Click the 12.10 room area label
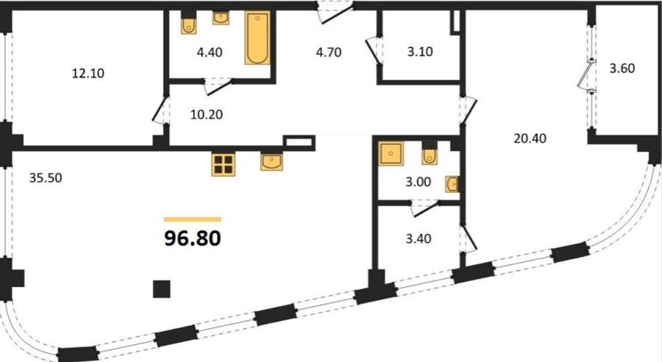pos(88,74)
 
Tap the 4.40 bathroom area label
pos(210,52)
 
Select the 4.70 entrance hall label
pos(329,52)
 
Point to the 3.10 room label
pos(420,52)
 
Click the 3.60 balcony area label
pos(622,68)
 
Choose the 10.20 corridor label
pos(207,115)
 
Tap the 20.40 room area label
pos(530,138)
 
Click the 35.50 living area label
pos(46,178)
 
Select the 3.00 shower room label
pos(419,182)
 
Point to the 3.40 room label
pos(419,238)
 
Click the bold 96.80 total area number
pos(193,238)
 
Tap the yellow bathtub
pos(257,38)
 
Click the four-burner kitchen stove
pos(224,164)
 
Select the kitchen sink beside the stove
pos(271,162)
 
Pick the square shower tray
pos(391,153)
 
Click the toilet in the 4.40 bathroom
pos(189,25)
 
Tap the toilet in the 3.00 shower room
pos(430,156)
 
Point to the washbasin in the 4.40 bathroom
pos(221,18)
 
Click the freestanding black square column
pos(162,289)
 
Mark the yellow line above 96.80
pos(193,219)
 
